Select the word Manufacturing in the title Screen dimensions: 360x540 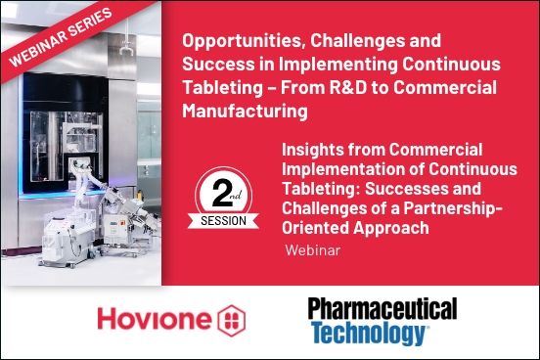tap(245, 112)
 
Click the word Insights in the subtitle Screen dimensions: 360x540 tap(316, 149)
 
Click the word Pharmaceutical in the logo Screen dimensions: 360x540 tap(382, 310)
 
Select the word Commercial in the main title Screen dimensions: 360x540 tap(454, 88)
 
